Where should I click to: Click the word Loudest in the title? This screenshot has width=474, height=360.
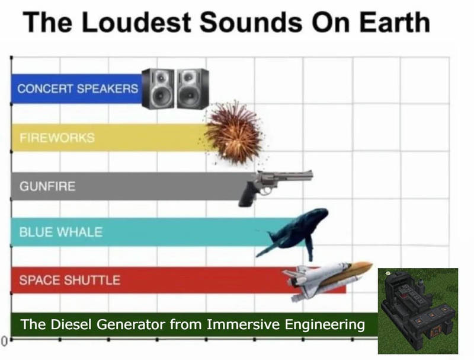136,23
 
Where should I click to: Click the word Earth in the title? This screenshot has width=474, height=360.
395,23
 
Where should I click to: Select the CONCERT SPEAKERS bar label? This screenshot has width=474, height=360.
78,88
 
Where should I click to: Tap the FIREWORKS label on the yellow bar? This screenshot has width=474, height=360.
57,138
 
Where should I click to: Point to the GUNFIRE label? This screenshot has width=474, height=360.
47,186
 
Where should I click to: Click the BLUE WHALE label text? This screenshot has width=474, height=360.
61,232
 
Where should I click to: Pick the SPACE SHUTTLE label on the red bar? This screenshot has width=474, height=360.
70,280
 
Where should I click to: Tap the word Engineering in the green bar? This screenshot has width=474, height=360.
325,325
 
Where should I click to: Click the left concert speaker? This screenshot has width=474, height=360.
158,88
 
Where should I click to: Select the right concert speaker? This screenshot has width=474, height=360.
193,88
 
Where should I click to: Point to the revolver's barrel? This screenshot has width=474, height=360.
290,176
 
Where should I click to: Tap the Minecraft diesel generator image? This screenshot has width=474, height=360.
418,311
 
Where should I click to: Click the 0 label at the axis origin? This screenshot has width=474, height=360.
4,341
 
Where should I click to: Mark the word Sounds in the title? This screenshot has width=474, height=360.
251,23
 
